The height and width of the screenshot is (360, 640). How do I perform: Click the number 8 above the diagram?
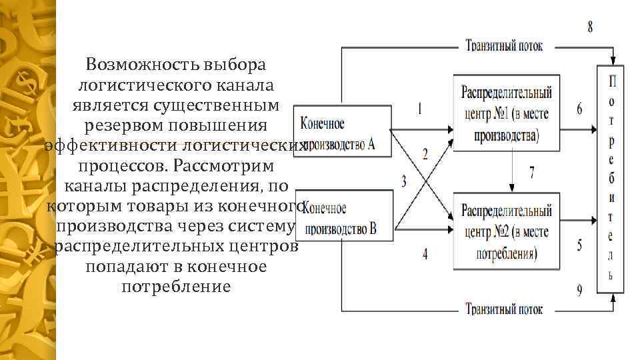click(x=590, y=27)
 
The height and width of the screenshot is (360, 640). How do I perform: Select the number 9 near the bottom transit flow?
click(x=579, y=290)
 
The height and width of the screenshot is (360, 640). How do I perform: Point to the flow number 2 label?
click(x=425, y=155)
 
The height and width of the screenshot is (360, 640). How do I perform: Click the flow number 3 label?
click(x=404, y=180)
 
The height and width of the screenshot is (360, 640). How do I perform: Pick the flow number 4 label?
click(x=425, y=253)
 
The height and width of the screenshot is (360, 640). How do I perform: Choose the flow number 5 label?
click(x=579, y=245)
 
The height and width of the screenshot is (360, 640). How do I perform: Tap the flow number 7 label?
click(x=531, y=173)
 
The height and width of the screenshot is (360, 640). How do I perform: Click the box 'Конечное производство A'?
click(x=342, y=132)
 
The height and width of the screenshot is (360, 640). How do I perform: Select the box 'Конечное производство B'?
click(x=342, y=219)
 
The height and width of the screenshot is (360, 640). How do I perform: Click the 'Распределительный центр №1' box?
click(x=506, y=114)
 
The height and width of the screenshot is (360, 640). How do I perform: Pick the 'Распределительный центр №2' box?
click(x=506, y=231)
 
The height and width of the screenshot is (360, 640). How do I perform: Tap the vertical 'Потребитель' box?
click(x=611, y=179)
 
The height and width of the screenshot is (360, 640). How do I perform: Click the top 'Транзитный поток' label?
click(x=505, y=46)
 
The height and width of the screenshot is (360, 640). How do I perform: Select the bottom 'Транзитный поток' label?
click(x=505, y=309)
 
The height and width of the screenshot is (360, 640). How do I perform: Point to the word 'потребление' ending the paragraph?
click(x=176, y=287)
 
